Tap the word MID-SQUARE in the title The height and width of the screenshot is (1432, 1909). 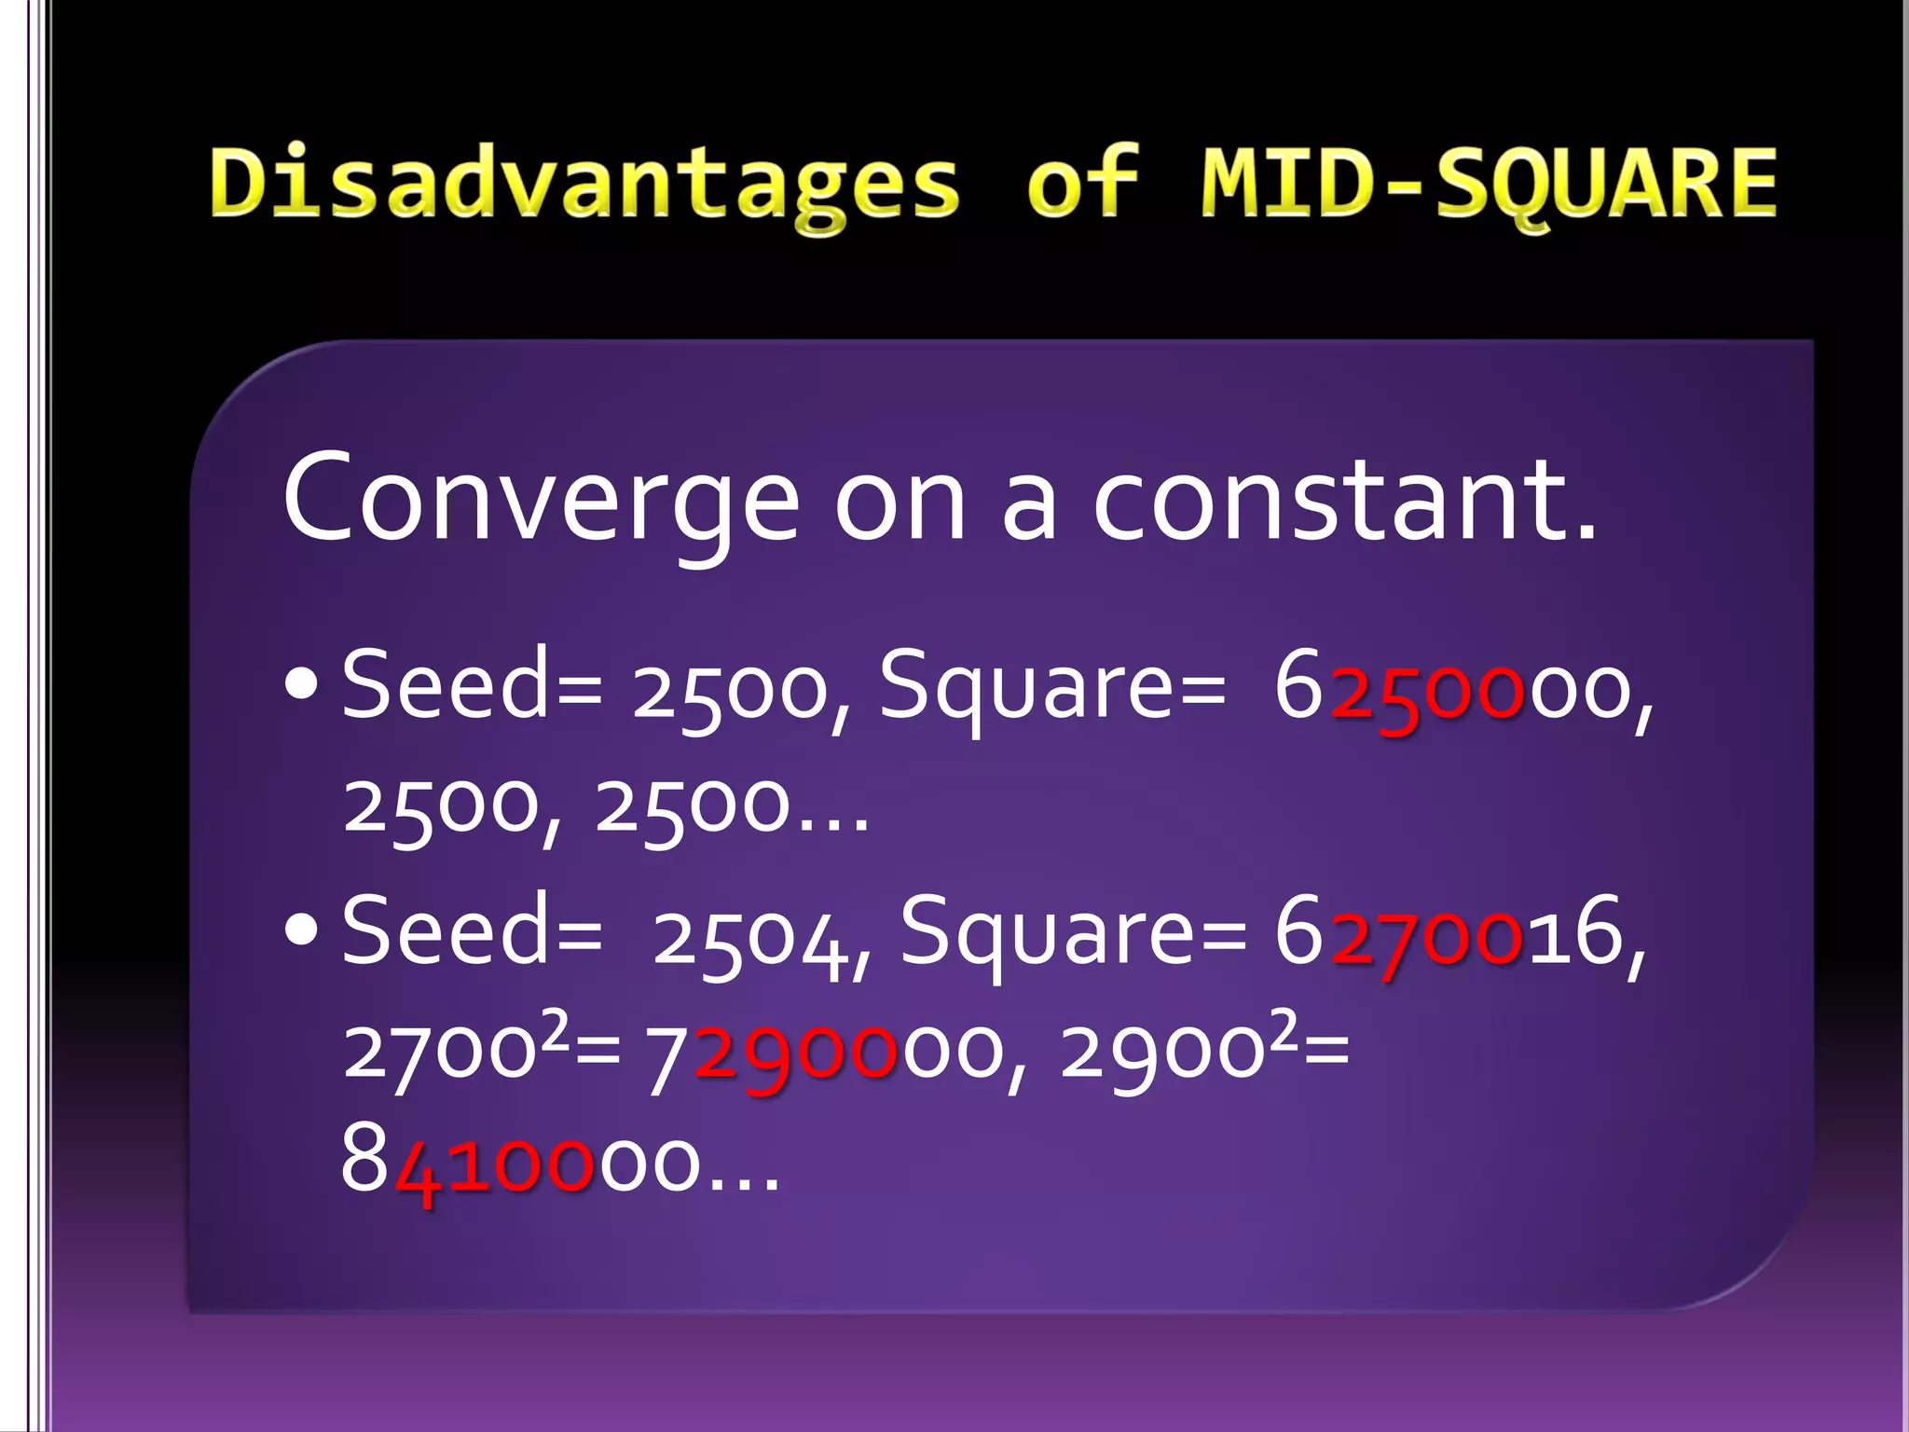tap(1489, 183)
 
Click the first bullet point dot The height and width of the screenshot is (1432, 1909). tap(303, 687)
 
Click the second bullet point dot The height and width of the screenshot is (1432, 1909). tap(303, 932)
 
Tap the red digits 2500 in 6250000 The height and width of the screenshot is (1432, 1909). tap(1427, 695)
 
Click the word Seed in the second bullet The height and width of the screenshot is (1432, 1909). tap(446, 930)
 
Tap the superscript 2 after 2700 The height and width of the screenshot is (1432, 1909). tap(556, 1030)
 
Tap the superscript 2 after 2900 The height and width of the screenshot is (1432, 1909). tap(1284, 1030)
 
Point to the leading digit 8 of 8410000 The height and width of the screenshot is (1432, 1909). tap(364, 1161)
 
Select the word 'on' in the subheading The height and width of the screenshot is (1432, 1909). tap(900, 503)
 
